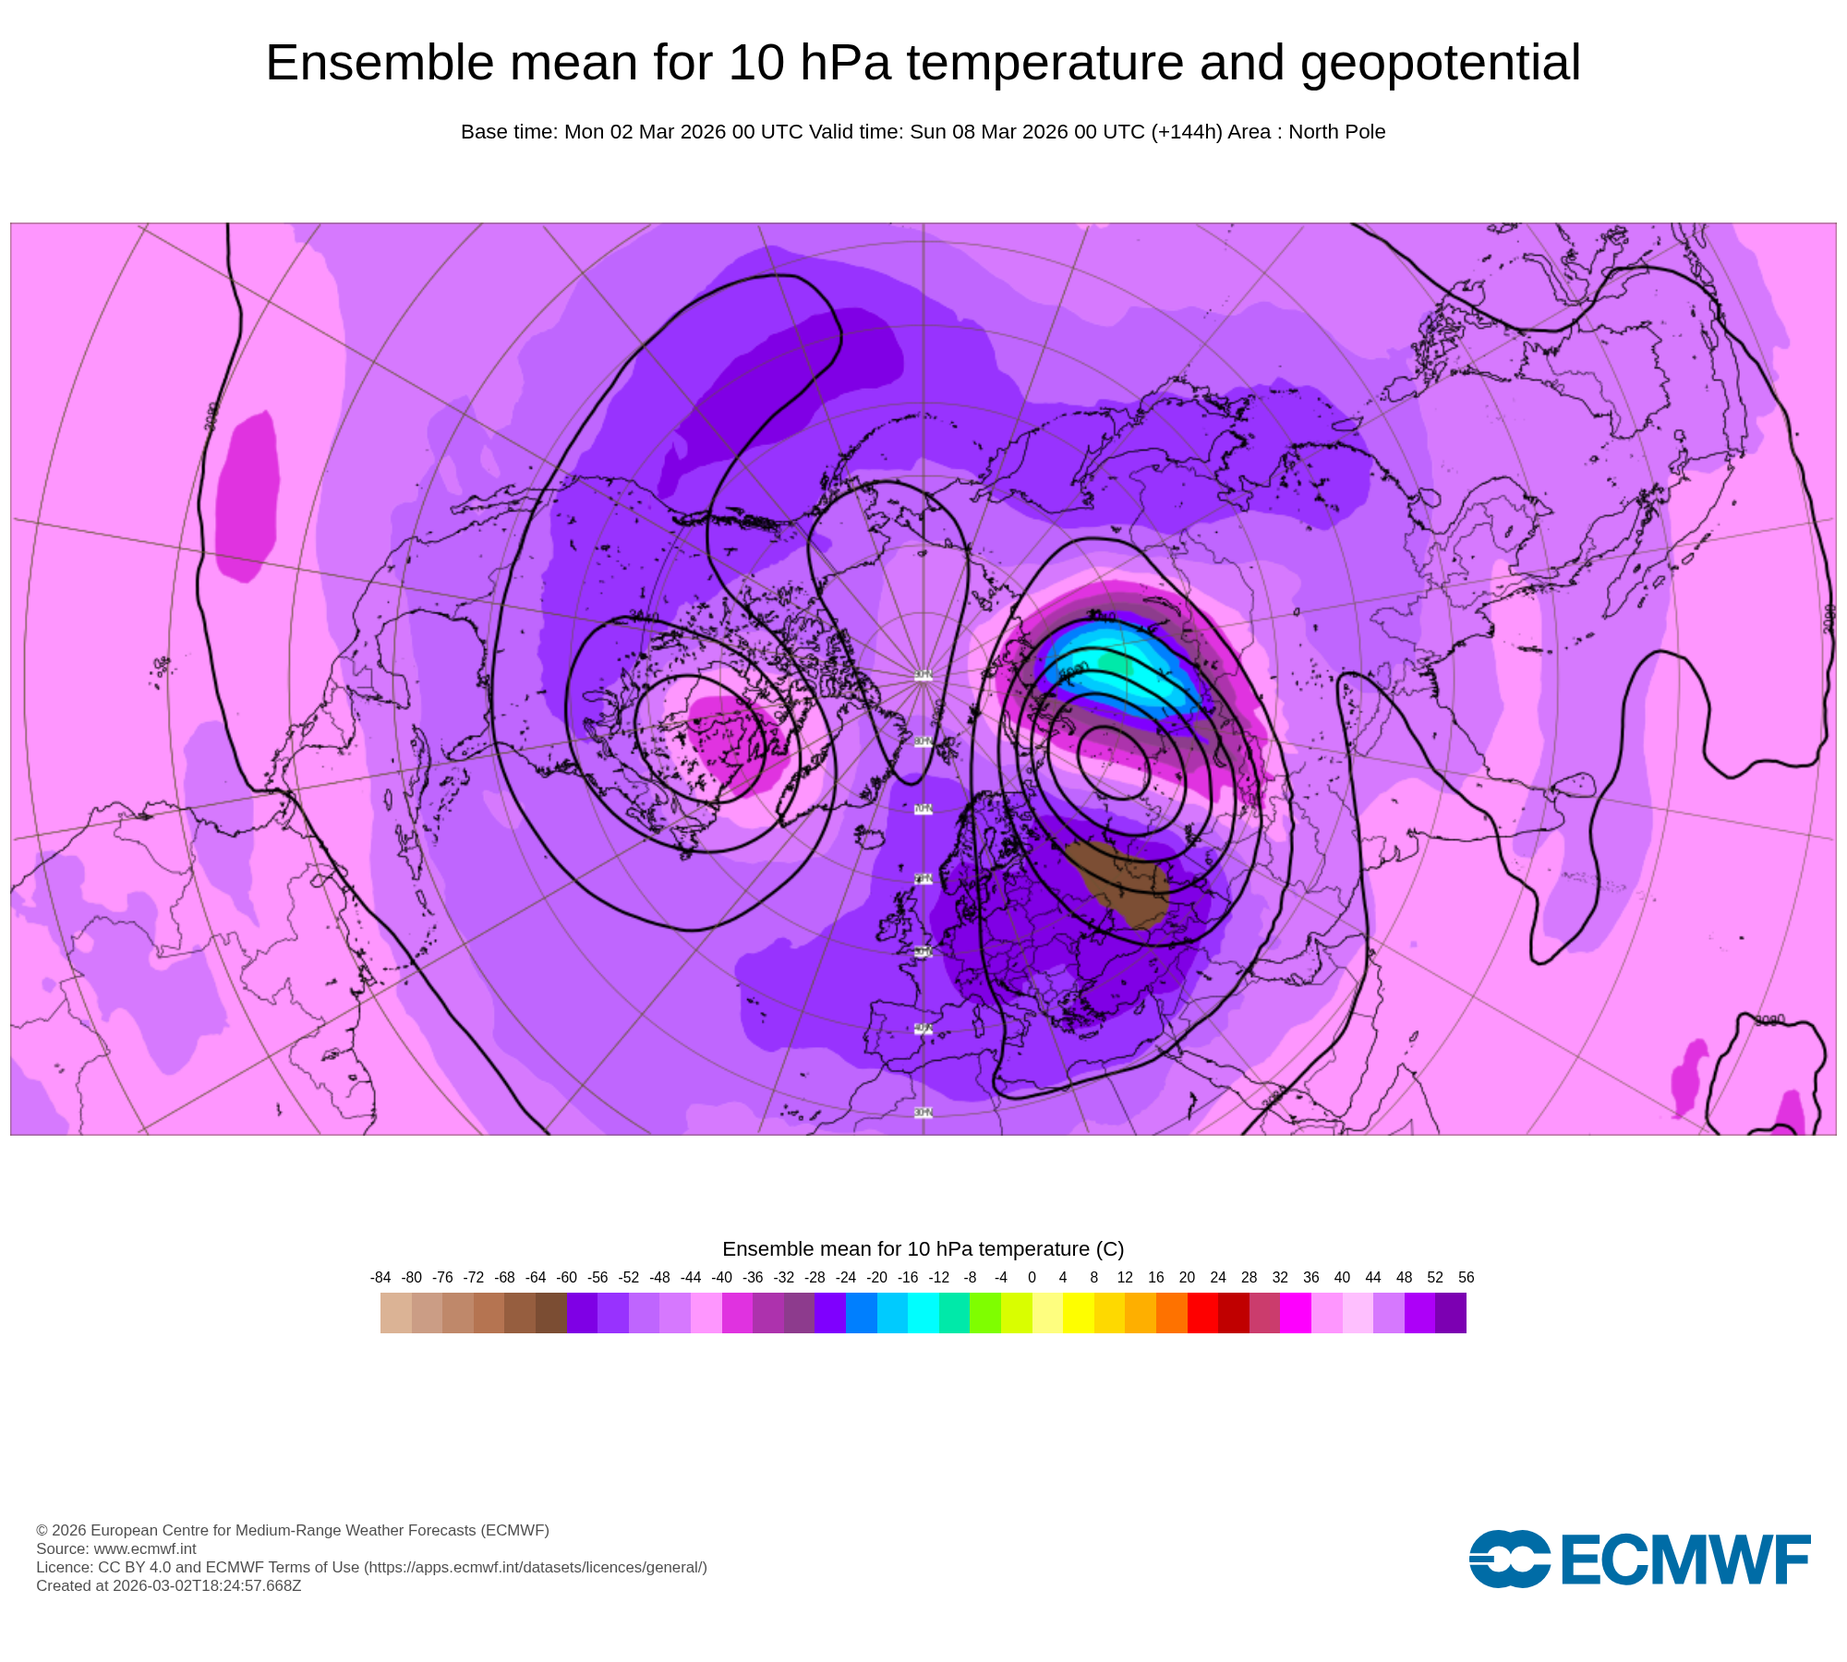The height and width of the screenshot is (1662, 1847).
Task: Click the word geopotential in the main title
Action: (x=1440, y=64)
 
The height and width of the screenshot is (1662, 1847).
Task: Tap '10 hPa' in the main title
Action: (x=809, y=64)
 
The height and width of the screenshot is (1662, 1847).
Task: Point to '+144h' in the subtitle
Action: (x=1186, y=132)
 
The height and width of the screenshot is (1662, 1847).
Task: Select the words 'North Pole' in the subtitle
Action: (x=1336, y=132)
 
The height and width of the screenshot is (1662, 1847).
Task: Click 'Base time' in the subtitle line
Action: (x=508, y=132)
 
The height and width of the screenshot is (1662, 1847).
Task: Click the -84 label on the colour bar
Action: (x=380, y=1278)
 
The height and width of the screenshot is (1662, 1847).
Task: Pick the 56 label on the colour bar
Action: (x=1466, y=1278)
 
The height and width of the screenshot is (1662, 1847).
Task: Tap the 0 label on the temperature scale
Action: (x=1032, y=1278)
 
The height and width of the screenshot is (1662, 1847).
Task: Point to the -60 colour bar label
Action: (x=567, y=1278)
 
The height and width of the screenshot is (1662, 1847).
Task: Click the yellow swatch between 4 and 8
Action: (x=1078, y=1313)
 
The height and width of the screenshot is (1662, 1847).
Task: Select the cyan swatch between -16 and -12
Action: (x=923, y=1313)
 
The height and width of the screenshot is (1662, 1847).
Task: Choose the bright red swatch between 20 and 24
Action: (x=1202, y=1313)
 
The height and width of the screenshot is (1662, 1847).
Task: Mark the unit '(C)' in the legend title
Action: (x=1109, y=1249)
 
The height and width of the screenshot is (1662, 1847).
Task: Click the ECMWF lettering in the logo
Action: (x=1685, y=1560)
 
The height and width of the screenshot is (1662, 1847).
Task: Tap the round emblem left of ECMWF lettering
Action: (x=1509, y=1560)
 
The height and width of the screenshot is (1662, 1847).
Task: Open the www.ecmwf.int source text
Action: (x=144, y=1548)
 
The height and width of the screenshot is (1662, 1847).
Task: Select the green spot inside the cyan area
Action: (x=1114, y=663)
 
